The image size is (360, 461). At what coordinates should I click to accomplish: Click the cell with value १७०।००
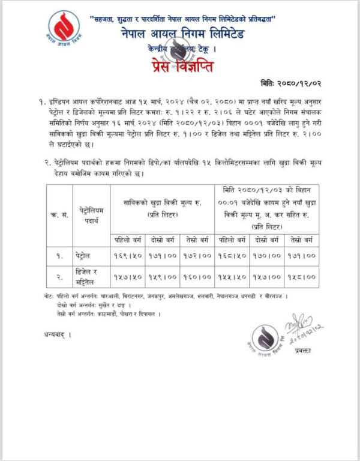point(266,256)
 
